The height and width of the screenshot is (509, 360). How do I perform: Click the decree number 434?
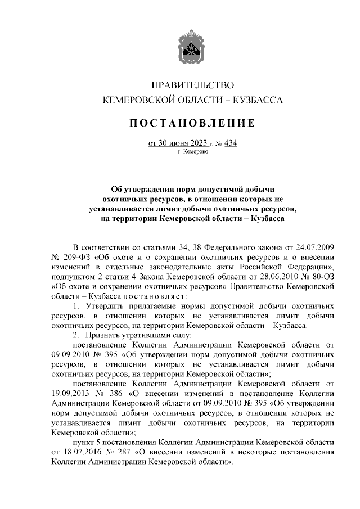pos(231,143)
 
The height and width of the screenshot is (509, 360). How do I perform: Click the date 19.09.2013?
pos(70,394)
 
